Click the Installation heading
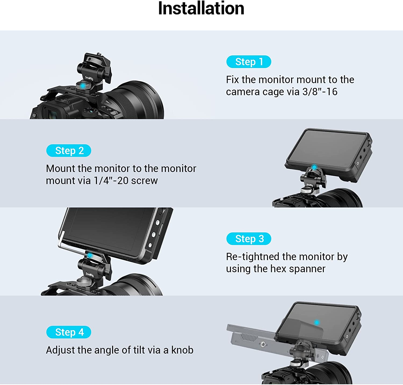pos(201,9)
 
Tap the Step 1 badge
pos(249,62)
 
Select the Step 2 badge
pos(69,151)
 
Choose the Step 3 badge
pos(249,239)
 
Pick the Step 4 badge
pos(69,332)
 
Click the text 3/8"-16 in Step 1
pos(320,92)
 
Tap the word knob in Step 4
pos(182,350)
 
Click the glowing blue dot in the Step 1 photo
pos(83,86)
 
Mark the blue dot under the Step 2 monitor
pos(314,167)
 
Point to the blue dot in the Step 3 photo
pos(90,256)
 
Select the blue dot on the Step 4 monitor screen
pos(317,322)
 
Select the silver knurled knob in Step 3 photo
pos(82,282)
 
